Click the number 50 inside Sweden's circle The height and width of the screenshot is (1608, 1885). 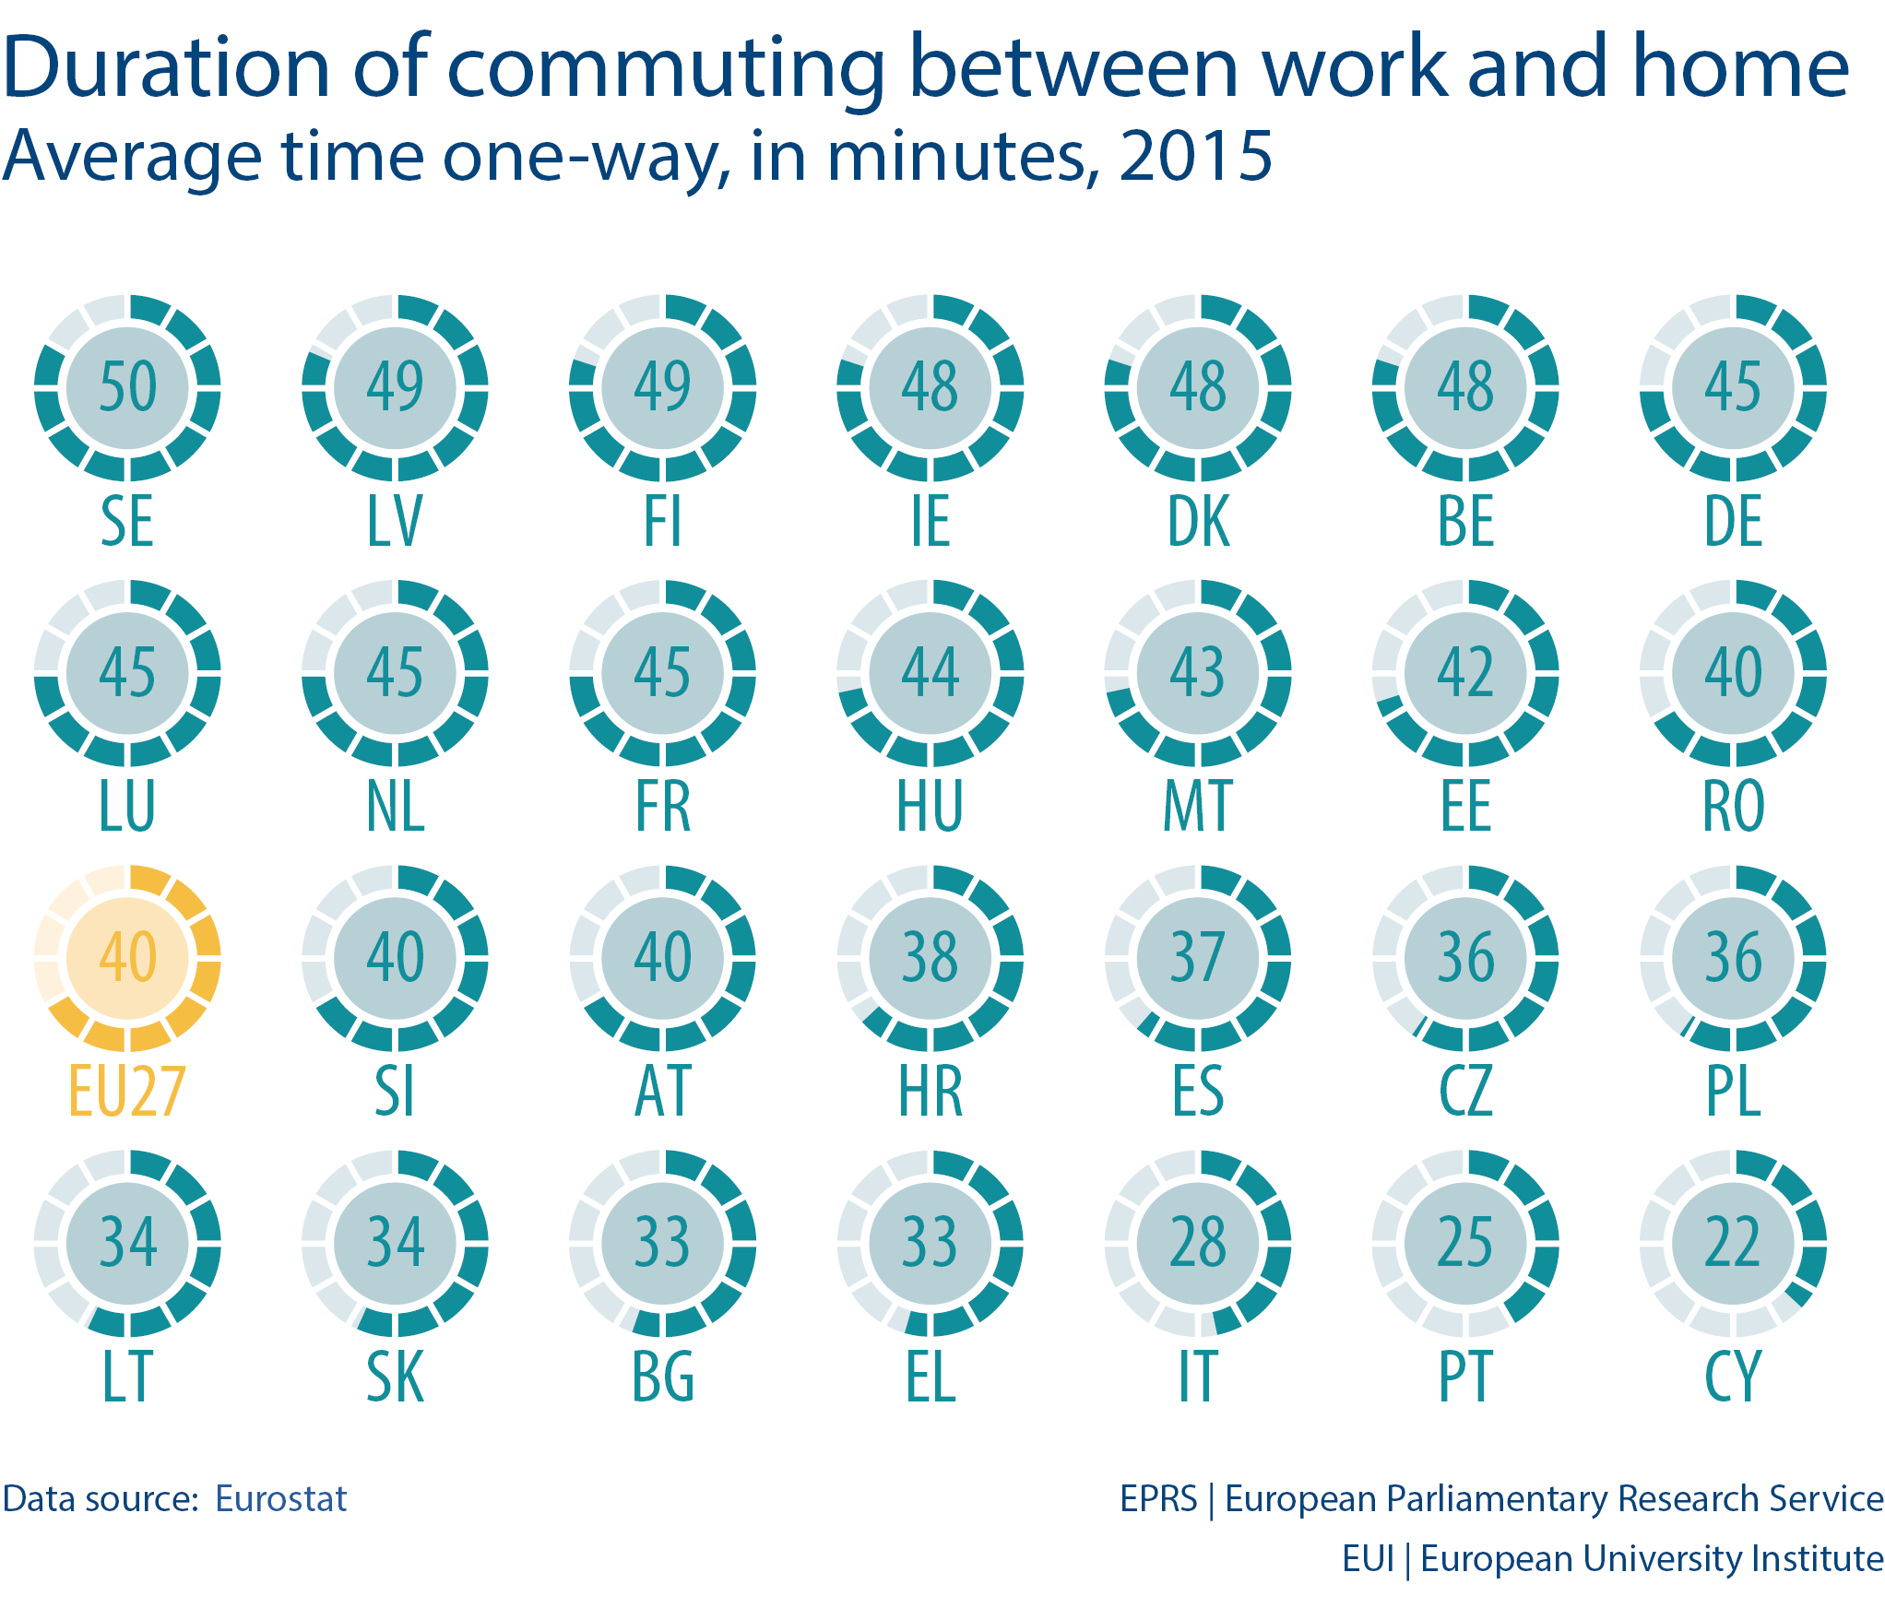click(x=127, y=386)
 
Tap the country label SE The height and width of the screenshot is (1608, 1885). click(x=127, y=522)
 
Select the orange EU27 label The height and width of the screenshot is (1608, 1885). click(x=127, y=1092)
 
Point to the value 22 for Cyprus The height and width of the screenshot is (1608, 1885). click(x=1733, y=1242)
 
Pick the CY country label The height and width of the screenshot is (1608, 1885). click(x=1733, y=1377)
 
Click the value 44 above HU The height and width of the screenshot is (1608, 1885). click(x=930, y=671)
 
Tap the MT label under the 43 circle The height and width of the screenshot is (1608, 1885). click(x=1197, y=807)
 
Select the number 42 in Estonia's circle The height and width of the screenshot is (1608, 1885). click(x=1465, y=671)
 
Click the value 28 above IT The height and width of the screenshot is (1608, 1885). click(x=1197, y=1242)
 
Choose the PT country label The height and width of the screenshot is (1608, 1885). click(x=1465, y=1377)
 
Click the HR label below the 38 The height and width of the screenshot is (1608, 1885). click(x=930, y=1092)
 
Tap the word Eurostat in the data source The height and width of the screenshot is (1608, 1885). click(x=280, y=1499)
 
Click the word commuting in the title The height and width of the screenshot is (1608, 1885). click(x=666, y=69)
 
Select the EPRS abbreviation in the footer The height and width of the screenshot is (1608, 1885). click(x=1158, y=1499)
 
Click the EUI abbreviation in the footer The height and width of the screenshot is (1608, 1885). click(x=1368, y=1559)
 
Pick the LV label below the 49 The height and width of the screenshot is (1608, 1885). click(x=395, y=522)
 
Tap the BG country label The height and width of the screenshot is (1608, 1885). click(x=662, y=1377)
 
